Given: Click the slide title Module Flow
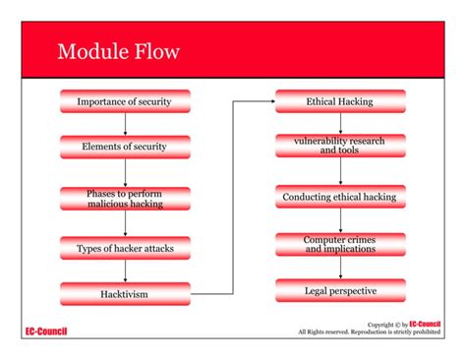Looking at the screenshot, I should [x=118, y=51].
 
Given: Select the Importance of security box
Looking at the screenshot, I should [x=125, y=101].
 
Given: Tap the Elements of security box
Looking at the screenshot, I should [x=125, y=148].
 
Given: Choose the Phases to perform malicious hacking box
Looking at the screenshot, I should [x=125, y=199].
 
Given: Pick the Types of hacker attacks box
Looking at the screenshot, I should [x=125, y=248].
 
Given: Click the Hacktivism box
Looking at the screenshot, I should [x=125, y=293].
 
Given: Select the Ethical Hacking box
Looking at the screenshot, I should [x=339, y=101].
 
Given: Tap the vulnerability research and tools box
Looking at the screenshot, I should [x=339, y=147].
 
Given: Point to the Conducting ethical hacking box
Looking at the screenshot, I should [x=339, y=197].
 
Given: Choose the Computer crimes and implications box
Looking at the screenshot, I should [x=339, y=244].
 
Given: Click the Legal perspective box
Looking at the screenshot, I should [x=339, y=290].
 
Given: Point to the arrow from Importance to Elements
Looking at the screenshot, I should [x=125, y=124].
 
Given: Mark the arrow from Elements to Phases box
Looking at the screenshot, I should [x=125, y=172].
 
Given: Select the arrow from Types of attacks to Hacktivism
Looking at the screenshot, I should [x=125, y=270].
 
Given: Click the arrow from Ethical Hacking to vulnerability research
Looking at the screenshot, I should [x=340, y=123].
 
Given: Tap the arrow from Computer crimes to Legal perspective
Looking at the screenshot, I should [x=340, y=268].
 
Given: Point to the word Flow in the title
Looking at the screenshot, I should [x=158, y=51].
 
